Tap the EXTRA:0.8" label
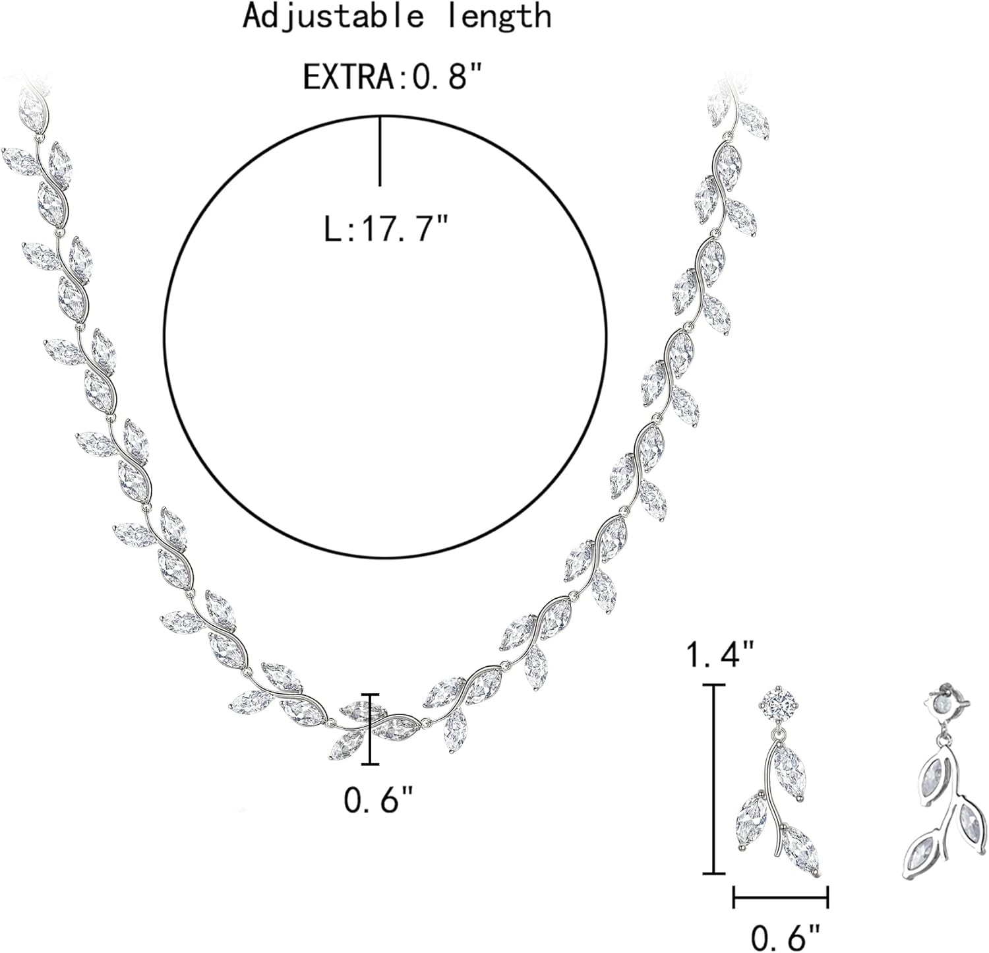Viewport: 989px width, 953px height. coord(394,77)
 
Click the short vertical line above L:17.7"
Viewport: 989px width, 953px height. coord(380,150)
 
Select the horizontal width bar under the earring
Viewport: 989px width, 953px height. coord(781,898)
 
